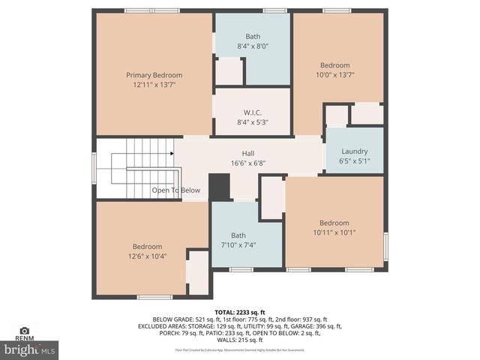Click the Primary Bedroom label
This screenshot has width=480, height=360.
click(x=154, y=75)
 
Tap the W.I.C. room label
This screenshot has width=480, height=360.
click(x=252, y=112)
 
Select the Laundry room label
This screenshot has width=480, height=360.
click(x=354, y=151)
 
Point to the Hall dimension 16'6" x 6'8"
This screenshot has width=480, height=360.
click(x=248, y=163)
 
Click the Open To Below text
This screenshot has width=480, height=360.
click(x=176, y=190)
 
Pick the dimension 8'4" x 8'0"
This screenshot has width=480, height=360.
click(x=253, y=46)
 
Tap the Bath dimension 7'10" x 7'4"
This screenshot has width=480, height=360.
click(x=238, y=244)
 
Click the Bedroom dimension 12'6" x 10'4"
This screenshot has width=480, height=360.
click(x=148, y=256)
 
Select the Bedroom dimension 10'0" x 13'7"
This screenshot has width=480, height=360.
click(x=335, y=75)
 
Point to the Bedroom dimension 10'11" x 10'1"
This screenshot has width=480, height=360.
click(x=334, y=232)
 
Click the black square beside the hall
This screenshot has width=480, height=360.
click(x=219, y=187)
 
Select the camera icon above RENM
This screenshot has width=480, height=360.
click(x=24, y=330)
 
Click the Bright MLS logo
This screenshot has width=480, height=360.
click(x=30, y=349)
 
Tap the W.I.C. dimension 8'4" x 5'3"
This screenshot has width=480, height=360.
click(x=252, y=122)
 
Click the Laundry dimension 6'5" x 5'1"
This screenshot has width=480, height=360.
click(x=354, y=160)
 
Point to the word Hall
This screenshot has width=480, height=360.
click(x=248, y=153)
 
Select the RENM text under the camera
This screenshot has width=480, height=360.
click(x=24, y=339)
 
